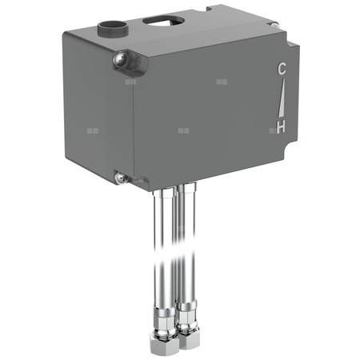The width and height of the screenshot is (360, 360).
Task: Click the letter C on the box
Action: coord(280,69)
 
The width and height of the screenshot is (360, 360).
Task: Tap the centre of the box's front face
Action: coord(212,112)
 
